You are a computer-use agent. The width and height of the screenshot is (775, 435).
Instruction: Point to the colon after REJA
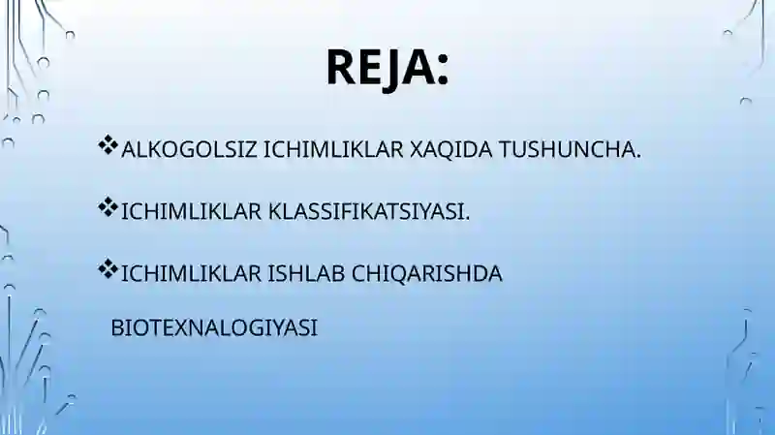pos(442,68)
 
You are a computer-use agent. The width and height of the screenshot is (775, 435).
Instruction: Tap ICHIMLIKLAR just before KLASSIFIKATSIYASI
pos(191,211)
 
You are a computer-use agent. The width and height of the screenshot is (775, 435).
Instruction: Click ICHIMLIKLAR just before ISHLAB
pos(191,273)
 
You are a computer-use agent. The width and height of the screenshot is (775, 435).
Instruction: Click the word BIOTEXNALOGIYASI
pos(214,327)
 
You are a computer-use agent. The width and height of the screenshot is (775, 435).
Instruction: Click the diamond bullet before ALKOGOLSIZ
pos(108,148)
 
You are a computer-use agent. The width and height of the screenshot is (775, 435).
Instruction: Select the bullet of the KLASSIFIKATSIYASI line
pos(108,209)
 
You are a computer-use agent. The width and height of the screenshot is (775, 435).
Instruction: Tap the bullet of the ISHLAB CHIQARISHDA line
pos(108,271)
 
